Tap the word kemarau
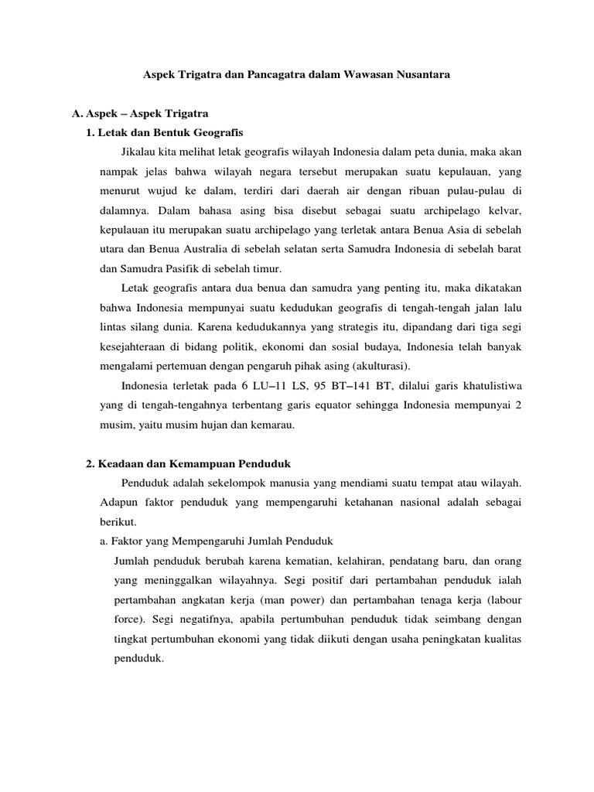tap(284, 424)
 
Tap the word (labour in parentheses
tap(499, 599)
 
